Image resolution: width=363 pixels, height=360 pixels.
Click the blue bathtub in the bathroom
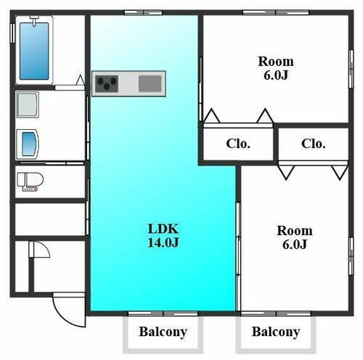pos(34,52)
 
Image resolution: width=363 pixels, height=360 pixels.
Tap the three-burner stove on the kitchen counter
pos(107,83)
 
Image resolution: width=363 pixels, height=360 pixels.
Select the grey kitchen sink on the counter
pos(150,83)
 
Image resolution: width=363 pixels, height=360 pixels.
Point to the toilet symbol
pos(30,182)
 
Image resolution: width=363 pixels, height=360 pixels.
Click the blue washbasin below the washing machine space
pos(29,144)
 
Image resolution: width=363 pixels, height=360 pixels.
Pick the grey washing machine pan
pos(28,105)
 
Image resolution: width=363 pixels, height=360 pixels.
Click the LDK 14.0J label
pos(163,235)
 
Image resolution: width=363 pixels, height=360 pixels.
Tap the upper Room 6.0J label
pos(276,68)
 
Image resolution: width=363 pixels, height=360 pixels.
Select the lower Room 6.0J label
pos(295,237)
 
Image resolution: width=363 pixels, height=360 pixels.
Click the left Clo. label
pos(238,144)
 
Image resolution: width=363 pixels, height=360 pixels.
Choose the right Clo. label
pos(314,144)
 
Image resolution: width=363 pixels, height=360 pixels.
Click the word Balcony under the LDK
pos(163,332)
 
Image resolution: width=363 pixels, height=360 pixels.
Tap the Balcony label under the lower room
pos(276,332)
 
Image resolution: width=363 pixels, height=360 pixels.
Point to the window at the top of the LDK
pos(143,12)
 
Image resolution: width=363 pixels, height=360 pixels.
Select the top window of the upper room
pos(276,12)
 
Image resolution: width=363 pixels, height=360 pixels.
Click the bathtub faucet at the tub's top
pos(34,20)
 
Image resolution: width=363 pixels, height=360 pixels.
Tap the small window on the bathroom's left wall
pos(12,33)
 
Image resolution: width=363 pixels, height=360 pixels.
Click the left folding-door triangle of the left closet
pos(212,115)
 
